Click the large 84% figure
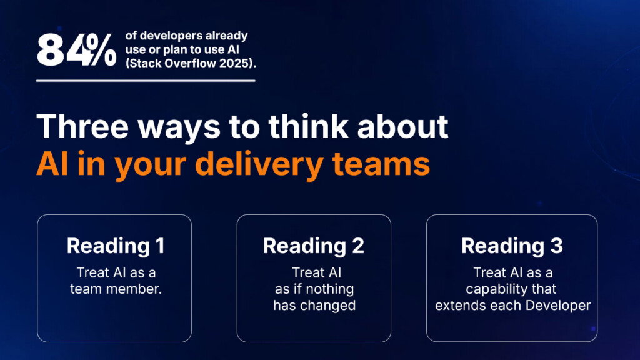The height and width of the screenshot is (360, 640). coord(76,50)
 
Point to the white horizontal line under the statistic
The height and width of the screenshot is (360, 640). coord(146,81)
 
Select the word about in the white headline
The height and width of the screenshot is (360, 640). coord(402,126)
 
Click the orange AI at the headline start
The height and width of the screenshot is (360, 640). coord(52,164)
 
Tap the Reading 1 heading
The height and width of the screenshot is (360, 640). coord(116,246)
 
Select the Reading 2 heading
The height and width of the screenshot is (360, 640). coord(314,246)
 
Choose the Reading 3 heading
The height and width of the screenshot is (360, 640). coord(512,246)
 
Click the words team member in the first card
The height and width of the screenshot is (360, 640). coord(116,289)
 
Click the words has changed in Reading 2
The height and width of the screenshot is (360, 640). coord(314,305)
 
